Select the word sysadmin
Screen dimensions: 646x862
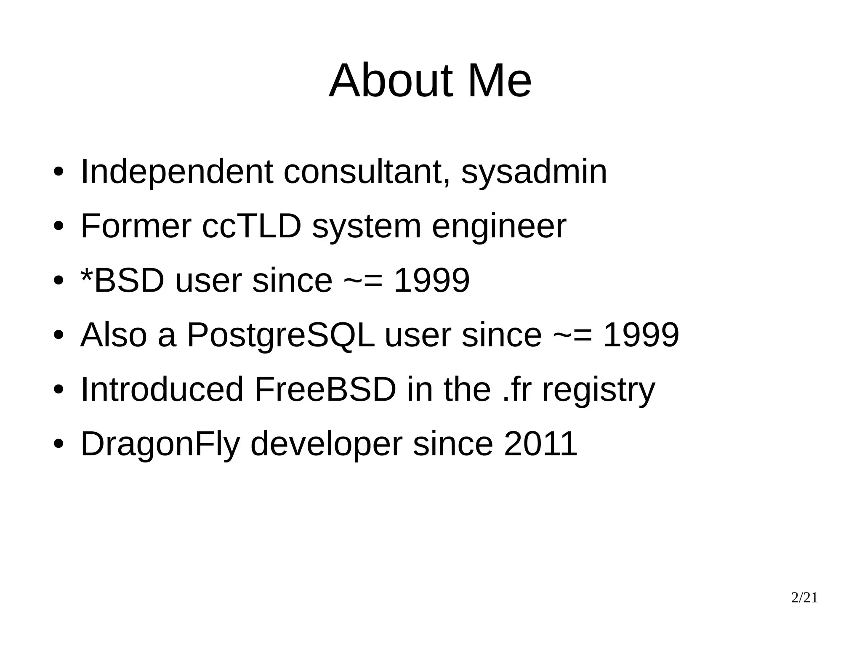534,172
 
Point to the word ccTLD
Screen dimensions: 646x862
252,226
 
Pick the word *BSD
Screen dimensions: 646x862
122,281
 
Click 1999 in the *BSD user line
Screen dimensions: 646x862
431,281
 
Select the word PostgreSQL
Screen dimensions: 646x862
280,335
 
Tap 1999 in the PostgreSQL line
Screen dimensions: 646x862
641,335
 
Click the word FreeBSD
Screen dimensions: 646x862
325,390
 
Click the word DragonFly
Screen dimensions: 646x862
160,444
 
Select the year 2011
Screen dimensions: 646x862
540,444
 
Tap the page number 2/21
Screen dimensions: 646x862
804,598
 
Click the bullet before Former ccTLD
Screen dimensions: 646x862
59,227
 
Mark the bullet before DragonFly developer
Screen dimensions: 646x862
59,444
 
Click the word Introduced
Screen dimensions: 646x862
162,390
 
